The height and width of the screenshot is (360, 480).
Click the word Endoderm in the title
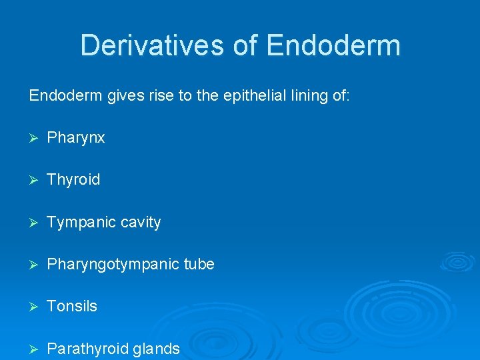click(333, 45)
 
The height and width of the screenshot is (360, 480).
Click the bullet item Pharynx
click(76, 138)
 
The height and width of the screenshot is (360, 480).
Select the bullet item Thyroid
click(73, 180)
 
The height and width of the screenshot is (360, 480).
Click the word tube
click(199, 264)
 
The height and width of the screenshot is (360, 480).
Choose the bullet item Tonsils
click(72, 306)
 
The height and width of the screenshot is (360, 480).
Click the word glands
click(158, 349)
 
